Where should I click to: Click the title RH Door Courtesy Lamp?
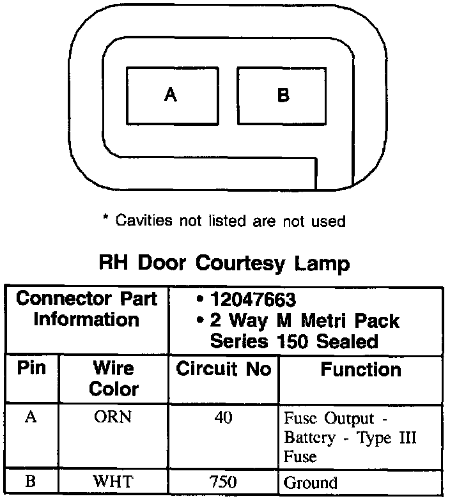224,263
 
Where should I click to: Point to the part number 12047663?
252,298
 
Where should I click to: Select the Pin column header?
31,369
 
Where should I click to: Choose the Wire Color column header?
113,378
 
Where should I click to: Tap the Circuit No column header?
224,369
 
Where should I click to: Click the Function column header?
361,369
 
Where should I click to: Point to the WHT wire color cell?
113,481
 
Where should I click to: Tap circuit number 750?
224,481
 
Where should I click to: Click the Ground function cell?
310,482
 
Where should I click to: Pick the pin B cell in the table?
31,481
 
